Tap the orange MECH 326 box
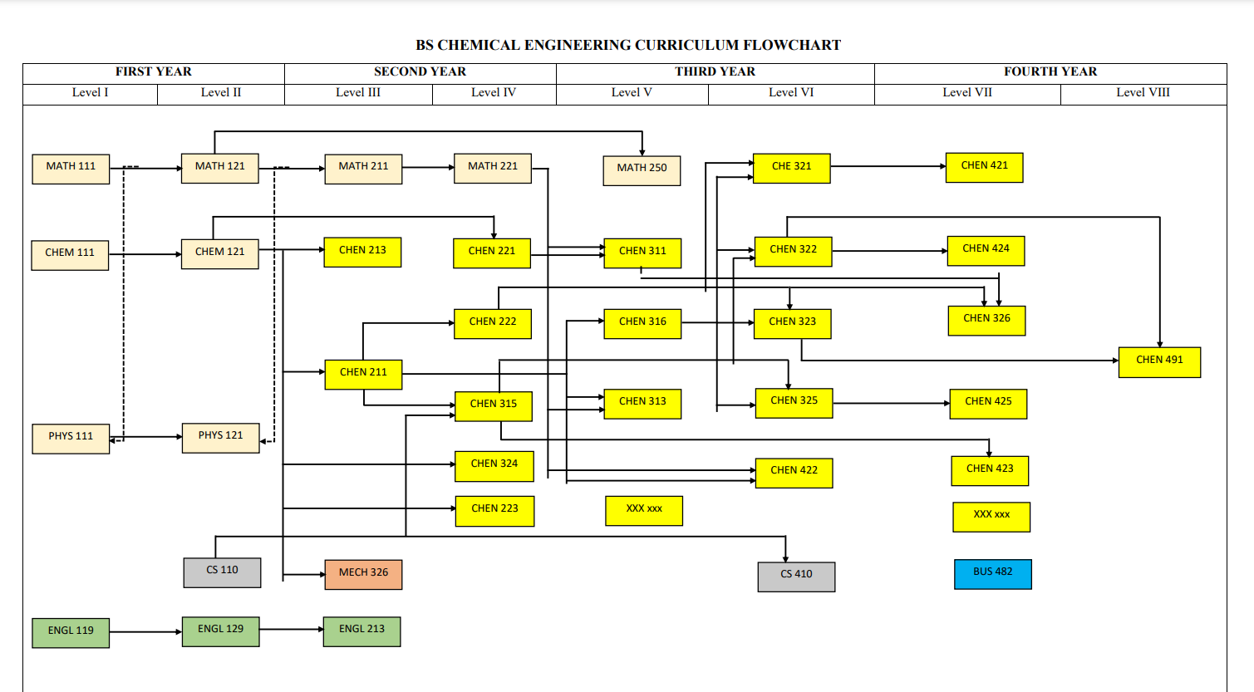[363, 574]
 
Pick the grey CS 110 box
[222, 572]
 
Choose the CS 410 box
[796, 576]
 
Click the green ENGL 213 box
[361, 631]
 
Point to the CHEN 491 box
[1159, 361]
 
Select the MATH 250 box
[642, 169]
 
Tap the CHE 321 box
[791, 168]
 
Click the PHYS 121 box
[220, 437]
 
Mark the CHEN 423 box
[990, 470]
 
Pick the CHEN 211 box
[363, 374]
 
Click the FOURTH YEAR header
[1050, 72]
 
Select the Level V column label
[632, 93]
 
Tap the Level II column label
[221, 93]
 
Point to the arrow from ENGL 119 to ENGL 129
[145, 632]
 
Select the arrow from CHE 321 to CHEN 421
[888, 167]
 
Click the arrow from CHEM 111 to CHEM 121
[145, 254]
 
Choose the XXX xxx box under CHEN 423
[991, 517]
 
